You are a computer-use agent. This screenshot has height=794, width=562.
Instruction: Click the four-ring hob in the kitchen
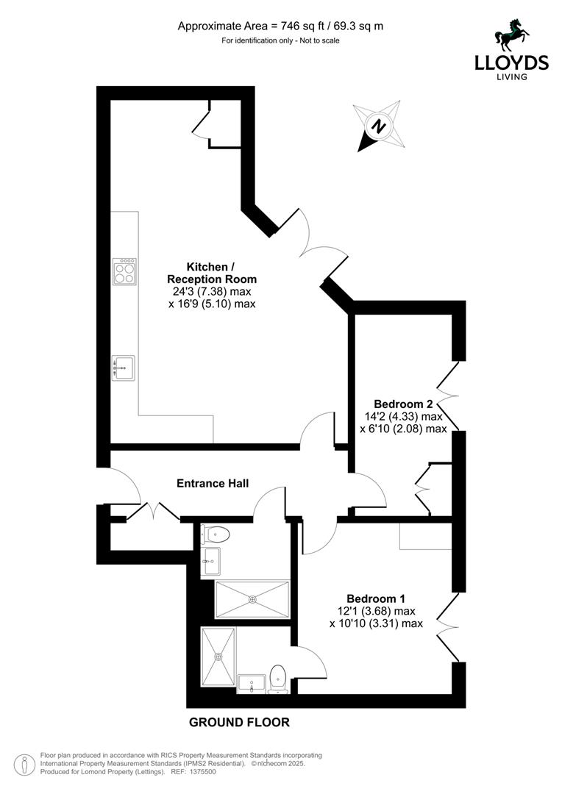tap(124, 272)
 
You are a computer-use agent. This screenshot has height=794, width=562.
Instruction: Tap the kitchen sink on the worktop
tap(124, 368)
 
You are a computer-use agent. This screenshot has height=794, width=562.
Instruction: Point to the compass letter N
tap(379, 126)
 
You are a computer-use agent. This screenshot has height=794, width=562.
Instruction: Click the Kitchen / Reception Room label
tap(211, 273)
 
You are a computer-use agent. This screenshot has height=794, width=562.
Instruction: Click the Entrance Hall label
tap(213, 483)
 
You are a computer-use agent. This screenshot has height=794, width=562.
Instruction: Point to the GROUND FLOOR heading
tap(239, 722)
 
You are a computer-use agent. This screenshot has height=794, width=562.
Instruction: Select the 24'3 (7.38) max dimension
tap(211, 291)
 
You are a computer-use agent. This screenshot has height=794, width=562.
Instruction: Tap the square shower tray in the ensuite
tap(218, 657)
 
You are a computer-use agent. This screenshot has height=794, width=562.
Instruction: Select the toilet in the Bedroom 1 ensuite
tap(278, 678)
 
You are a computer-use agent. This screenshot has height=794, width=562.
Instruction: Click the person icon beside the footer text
tap(26, 762)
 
